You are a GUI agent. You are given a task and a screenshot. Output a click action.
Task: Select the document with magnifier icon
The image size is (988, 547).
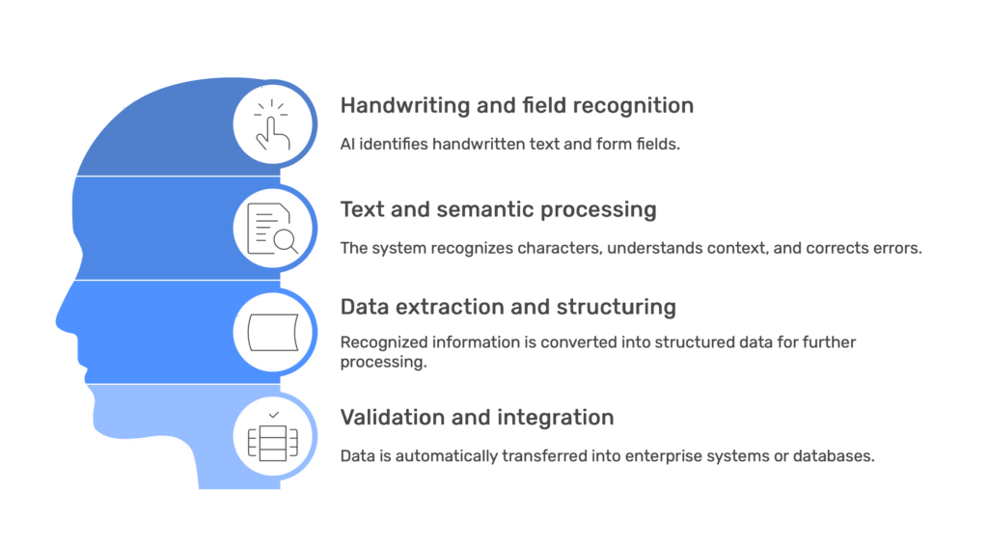[272, 229]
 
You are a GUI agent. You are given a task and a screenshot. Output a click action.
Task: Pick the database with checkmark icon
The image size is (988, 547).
[272, 437]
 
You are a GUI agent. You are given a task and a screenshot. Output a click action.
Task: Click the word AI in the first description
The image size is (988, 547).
[347, 145]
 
